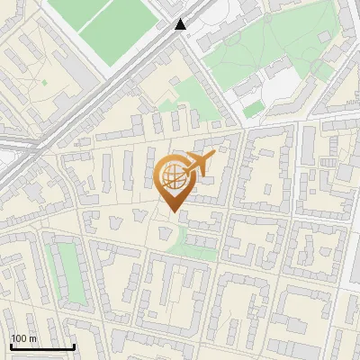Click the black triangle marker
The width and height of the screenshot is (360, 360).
[182, 25]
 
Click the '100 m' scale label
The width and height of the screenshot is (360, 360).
[23, 338]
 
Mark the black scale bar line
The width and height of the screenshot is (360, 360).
[41, 346]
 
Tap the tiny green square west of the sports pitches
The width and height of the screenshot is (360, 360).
[44, 84]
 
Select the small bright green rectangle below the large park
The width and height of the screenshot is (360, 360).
[254, 109]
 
